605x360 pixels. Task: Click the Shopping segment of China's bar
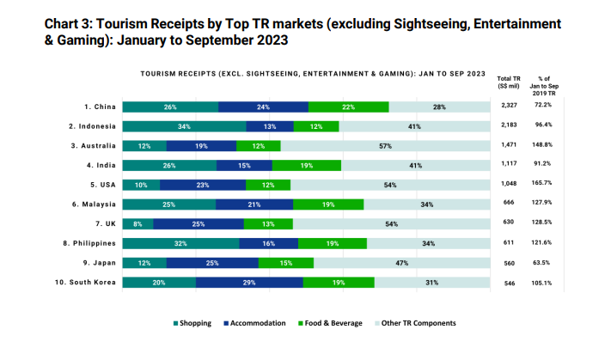point(170,107)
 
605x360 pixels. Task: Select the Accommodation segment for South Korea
point(249,282)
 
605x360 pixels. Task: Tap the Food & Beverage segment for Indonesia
point(316,126)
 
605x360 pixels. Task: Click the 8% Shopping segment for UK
point(138,223)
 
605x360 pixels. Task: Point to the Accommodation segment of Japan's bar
point(215,263)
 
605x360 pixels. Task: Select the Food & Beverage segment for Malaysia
point(328,204)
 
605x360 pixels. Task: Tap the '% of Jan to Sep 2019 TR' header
point(543,86)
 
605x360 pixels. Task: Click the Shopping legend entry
point(192,323)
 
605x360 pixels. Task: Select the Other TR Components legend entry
point(416,323)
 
